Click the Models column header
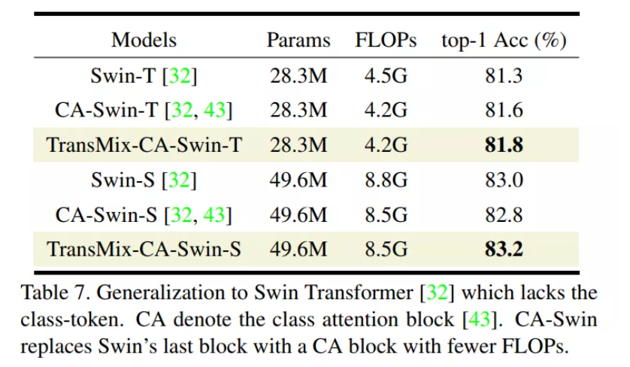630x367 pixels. point(144,41)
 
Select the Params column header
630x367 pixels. point(298,41)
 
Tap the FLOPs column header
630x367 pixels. point(386,41)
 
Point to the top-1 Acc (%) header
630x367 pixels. point(503,41)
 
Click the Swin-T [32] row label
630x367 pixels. point(144,76)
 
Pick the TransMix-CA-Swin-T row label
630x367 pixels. point(144,145)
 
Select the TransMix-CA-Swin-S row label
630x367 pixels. point(144,249)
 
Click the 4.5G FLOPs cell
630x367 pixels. point(386,76)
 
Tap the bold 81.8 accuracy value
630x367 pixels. point(504,145)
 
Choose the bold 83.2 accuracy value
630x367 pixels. point(504,249)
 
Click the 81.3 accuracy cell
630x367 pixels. point(504,76)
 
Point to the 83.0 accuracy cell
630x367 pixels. point(504,180)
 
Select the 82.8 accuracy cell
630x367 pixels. point(504,214)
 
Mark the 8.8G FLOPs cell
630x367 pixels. point(386,180)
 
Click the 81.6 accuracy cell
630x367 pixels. point(504,111)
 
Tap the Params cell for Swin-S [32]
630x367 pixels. point(298,180)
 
